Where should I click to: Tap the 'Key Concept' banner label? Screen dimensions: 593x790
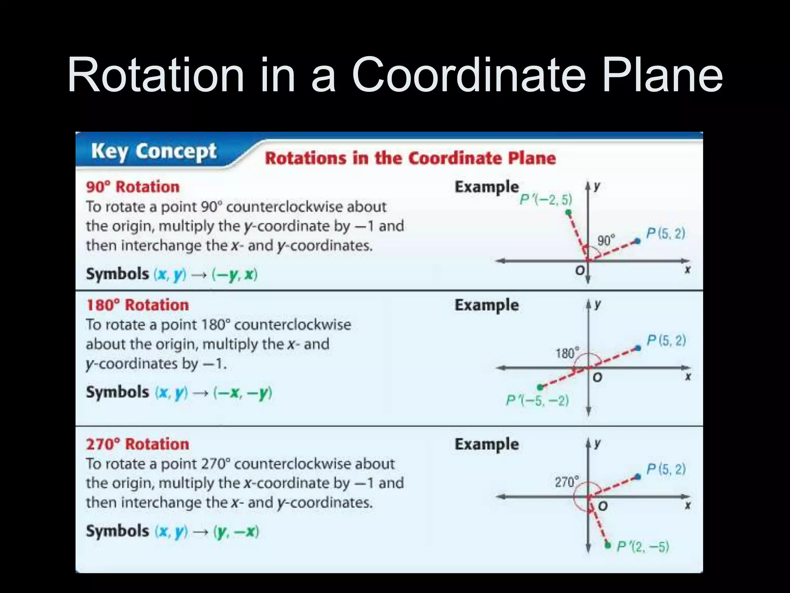pyautogui.click(x=154, y=151)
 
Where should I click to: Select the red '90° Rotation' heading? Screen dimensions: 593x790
pyautogui.click(x=133, y=187)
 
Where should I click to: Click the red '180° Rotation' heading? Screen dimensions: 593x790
pyautogui.click(x=137, y=305)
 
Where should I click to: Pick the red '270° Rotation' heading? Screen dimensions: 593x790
pyautogui.click(x=137, y=444)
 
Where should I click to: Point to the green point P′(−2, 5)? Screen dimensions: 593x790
pyautogui.click(x=568, y=212)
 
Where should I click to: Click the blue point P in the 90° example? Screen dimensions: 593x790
pyautogui.click(x=638, y=241)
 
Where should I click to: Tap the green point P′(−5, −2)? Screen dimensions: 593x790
pyautogui.click(x=540, y=387)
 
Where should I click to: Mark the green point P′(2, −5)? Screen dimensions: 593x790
pyautogui.click(x=608, y=545)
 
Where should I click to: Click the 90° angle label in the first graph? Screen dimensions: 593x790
pyautogui.click(x=606, y=241)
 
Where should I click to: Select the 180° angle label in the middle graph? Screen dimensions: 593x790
pyautogui.click(x=567, y=353)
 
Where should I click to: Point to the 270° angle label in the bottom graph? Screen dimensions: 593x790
pyautogui.click(x=567, y=482)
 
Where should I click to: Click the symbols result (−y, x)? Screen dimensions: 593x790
pyautogui.click(x=235, y=274)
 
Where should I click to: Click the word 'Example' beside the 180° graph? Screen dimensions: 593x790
pyautogui.click(x=486, y=305)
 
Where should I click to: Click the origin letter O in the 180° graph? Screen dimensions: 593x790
pyautogui.click(x=597, y=377)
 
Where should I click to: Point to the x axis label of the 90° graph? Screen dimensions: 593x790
pyautogui.click(x=687, y=270)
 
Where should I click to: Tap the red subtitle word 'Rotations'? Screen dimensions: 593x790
pyautogui.click(x=306, y=158)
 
